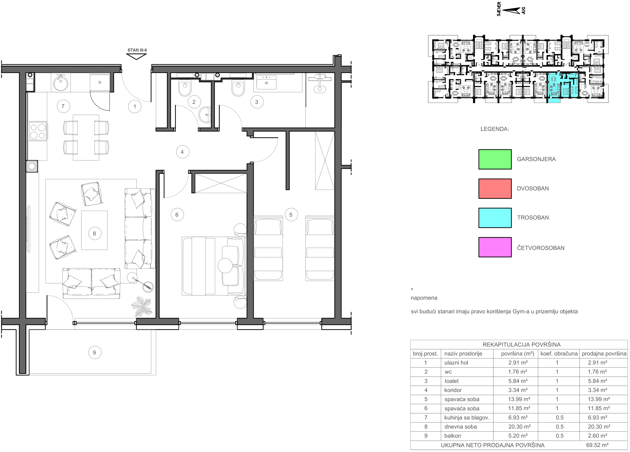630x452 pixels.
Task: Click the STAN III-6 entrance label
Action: click(137, 50)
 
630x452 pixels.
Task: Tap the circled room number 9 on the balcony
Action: click(94, 353)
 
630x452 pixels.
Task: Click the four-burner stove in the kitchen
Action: click(38, 131)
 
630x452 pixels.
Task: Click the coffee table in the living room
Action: click(94, 230)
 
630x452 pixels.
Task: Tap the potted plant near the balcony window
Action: click(141, 306)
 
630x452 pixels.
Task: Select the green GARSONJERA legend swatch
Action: click(495, 159)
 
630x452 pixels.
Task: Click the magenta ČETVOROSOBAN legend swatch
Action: click(495, 247)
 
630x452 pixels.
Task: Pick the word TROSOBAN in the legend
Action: click(533, 218)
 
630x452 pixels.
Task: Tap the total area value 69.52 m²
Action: click(597, 445)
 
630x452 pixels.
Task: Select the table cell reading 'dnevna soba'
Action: click(460, 427)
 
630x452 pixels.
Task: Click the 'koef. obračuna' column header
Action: click(559, 354)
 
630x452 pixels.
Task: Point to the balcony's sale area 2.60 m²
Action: click(598, 436)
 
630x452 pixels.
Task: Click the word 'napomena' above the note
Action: click(424, 298)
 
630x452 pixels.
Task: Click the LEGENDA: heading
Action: click(495, 129)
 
